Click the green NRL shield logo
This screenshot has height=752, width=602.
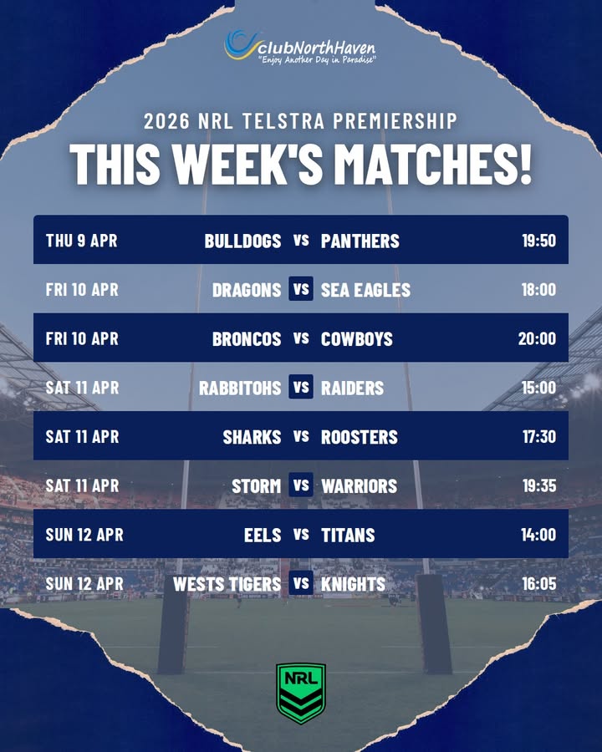click(301, 693)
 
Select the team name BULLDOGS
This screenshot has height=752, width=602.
click(242, 241)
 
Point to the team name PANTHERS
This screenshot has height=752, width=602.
click(360, 241)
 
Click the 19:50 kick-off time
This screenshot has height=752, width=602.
click(538, 241)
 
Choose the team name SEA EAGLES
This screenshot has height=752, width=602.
click(365, 290)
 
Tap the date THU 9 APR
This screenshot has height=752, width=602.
click(81, 241)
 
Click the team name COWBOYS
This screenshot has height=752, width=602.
click(356, 338)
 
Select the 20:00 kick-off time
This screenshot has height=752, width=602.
click(537, 338)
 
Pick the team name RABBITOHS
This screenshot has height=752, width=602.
click(240, 388)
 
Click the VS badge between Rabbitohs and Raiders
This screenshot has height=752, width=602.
click(301, 388)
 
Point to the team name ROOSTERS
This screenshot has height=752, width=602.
click(360, 436)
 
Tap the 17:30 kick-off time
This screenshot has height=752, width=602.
click(538, 436)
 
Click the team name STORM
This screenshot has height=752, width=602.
click(256, 485)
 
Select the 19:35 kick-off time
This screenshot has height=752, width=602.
click(538, 485)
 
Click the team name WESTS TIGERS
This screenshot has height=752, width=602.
click(227, 584)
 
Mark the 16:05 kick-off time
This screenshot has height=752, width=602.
click(538, 584)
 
